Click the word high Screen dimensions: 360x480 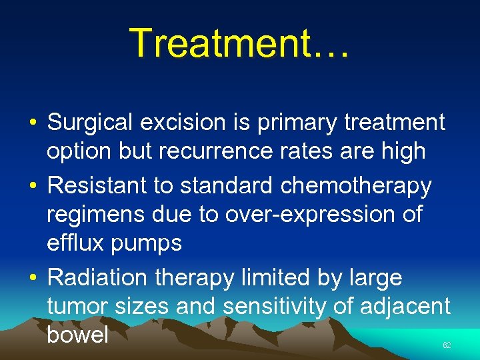403,151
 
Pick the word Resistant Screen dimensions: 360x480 97,186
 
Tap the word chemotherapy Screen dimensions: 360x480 356,186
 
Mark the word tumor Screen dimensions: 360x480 77,306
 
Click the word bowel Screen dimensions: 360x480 77,334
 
